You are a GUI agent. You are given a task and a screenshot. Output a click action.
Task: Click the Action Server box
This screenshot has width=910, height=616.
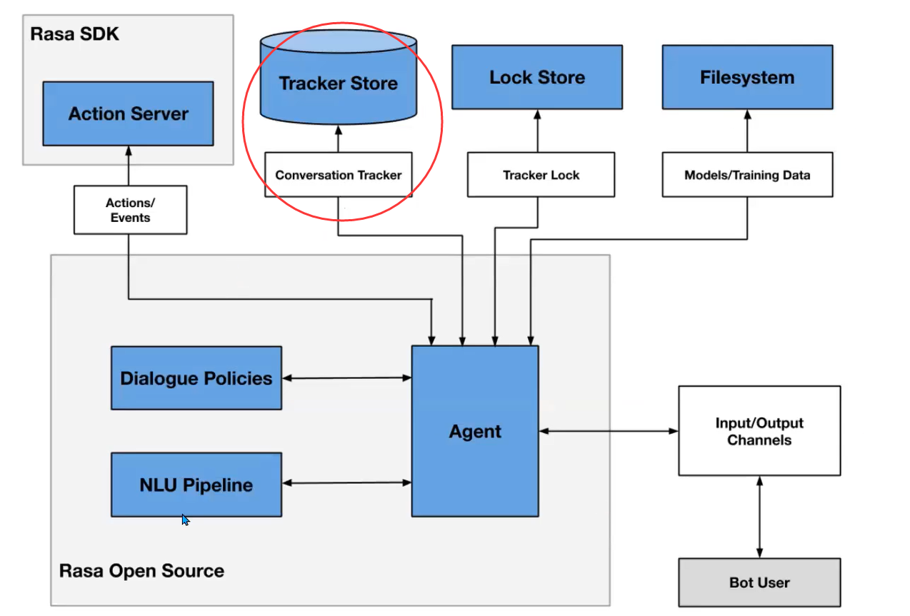pyautogui.click(x=128, y=113)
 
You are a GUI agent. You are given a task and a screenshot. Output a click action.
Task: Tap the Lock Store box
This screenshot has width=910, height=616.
pyautogui.click(x=536, y=77)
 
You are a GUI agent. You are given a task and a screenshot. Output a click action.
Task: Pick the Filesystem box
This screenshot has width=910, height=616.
pyautogui.click(x=747, y=77)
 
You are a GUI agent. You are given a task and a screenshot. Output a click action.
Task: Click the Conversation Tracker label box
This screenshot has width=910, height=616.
pyautogui.click(x=338, y=175)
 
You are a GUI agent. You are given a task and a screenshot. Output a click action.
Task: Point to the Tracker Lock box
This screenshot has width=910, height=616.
pyautogui.click(x=541, y=175)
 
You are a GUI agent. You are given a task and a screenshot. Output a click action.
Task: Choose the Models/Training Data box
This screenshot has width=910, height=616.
pyautogui.click(x=747, y=175)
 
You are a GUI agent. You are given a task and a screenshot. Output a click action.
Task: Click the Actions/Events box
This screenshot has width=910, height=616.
pyautogui.click(x=130, y=210)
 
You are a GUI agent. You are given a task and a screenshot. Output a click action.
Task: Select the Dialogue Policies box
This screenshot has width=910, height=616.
pyautogui.click(x=196, y=378)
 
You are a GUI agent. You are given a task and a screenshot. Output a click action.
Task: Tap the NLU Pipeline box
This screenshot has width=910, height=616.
pyautogui.click(x=196, y=485)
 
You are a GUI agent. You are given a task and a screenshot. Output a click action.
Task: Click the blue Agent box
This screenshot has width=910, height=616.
pyautogui.click(x=475, y=431)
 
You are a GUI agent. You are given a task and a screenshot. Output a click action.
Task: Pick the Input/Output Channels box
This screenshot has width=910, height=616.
pyautogui.click(x=759, y=431)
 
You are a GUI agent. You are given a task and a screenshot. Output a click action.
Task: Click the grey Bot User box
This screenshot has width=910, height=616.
pyautogui.click(x=759, y=582)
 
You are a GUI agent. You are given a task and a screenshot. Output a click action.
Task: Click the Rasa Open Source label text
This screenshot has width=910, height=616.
pyautogui.click(x=141, y=571)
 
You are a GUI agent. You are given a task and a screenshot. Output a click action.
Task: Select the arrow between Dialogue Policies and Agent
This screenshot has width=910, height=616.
pyautogui.click(x=346, y=378)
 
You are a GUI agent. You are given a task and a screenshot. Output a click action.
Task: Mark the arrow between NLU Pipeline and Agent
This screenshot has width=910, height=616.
pyautogui.click(x=346, y=483)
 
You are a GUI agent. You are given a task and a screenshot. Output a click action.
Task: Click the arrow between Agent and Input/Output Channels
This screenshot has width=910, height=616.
pyautogui.click(x=608, y=431)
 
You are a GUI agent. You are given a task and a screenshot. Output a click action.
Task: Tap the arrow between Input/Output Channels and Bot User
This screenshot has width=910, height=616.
pyautogui.click(x=759, y=517)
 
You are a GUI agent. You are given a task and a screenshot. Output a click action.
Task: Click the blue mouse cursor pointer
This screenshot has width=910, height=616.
pyautogui.click(x=185, y=520)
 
